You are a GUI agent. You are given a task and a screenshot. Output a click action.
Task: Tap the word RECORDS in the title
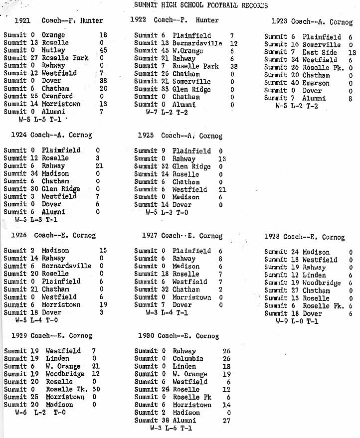(253, 5)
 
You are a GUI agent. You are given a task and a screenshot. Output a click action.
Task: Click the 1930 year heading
(143, 336)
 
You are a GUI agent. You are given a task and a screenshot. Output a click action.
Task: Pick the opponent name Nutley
(53, 50)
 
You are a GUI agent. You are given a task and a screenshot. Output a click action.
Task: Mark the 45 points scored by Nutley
(103, 50)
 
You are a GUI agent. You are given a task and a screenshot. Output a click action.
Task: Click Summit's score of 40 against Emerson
(296, 83)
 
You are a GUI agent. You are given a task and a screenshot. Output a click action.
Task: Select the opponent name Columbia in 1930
(188, 359)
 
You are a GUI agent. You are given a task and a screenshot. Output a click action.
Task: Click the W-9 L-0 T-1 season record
(297, 321)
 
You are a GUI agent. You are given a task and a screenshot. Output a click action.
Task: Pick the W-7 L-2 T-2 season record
(167, 112)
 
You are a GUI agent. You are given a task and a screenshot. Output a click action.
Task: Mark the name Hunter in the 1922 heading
(207, 20)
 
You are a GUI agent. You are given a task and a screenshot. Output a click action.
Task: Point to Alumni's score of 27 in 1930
(227, 421)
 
